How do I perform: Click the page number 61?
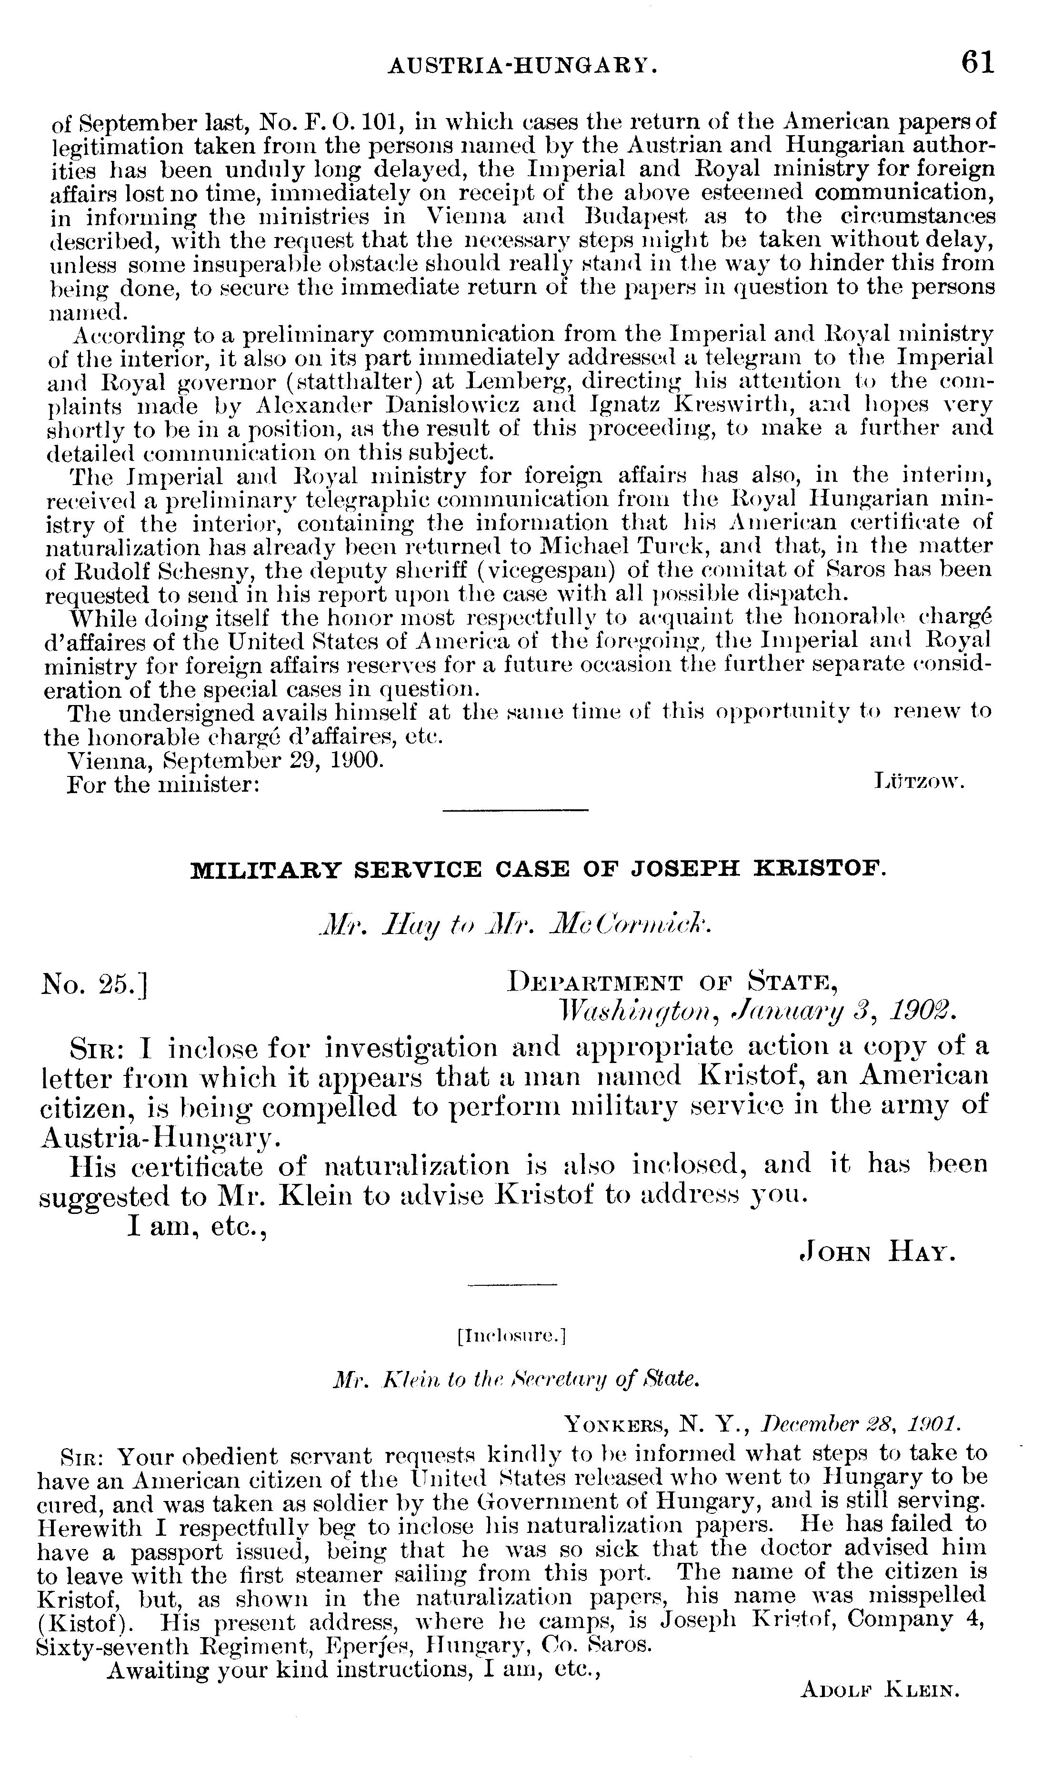point(978,62)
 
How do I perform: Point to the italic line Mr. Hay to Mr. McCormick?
point(514,925)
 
